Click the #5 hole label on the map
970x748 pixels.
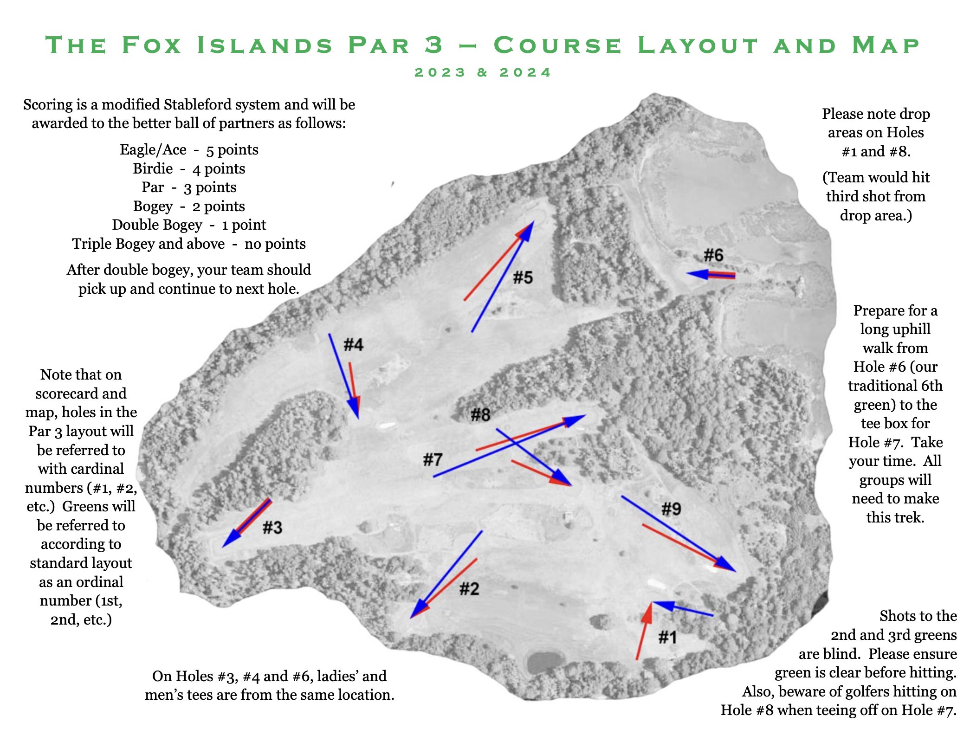tap(523, 277)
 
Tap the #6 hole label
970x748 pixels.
tap(713, 255)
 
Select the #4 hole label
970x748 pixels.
tap(353, 345)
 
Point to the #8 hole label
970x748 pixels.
tap(480, 414)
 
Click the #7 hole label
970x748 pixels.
tap(433, 460)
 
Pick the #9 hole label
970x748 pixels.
tap(671, 509)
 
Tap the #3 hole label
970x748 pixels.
tap(272, 528)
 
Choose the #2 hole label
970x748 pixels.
tap(469, 589)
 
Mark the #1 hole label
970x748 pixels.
tap(667, 638)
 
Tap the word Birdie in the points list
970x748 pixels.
tap(153, 168)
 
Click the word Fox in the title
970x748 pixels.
tap(152, 45)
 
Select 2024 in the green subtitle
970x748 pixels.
tap(525, 73)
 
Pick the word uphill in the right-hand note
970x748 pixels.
tap(895, 329)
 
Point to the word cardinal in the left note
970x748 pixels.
tap(81, 469)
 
